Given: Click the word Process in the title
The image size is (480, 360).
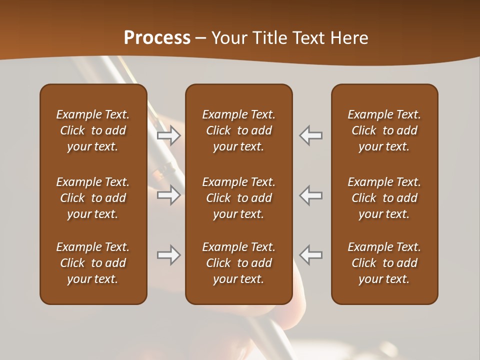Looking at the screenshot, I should (157, 38).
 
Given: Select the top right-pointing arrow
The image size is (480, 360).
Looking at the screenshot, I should (169, 135).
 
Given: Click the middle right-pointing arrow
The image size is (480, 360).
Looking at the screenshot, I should (169, 195).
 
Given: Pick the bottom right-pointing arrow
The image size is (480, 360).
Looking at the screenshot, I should (169, 255).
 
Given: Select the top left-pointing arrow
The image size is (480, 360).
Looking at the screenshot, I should (311, 135).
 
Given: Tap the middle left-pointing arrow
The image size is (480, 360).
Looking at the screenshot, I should (311, 195).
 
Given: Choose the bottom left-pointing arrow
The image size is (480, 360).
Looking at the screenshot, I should (311, 255).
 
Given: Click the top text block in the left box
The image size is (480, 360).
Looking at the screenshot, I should (93, 130).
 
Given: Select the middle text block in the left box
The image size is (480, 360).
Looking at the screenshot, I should (93, 198).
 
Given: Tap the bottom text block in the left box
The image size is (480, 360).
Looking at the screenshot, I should (93, 263).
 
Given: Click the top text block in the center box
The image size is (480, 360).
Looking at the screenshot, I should (238, 130).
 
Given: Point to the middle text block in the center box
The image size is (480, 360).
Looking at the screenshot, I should (238, 198).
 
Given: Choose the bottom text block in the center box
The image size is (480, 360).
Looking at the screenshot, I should (238, 263).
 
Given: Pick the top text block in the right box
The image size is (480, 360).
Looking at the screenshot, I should (384, 130).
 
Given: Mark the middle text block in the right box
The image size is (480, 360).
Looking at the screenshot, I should (384, 198).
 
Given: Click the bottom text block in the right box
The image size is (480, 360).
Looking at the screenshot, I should (384, 263).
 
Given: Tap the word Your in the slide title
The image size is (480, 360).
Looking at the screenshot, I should (228, 38).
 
